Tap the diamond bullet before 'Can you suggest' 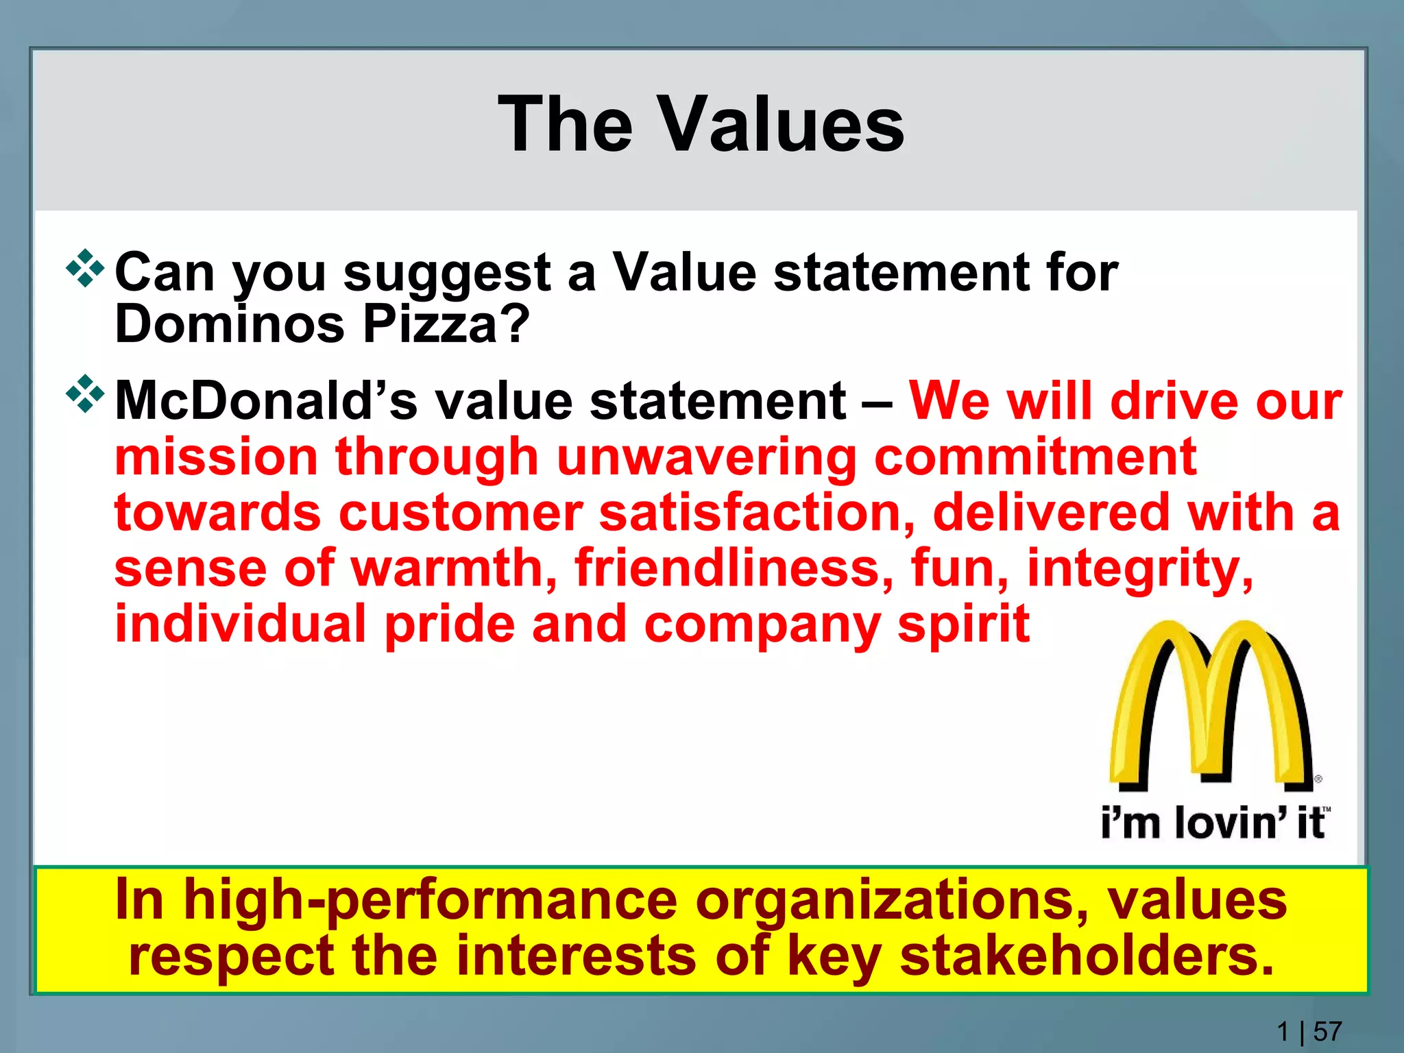[x=85, y=269]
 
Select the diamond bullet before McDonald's [x=85, y=394]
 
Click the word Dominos [x=230, y=324]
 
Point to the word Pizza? [x=446, y=324]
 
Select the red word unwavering [x=706, y=457]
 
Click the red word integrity [x=1140, y=569]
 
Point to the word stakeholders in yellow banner [x=1087, y=957]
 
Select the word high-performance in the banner [x=431, y=901]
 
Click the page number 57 [x=1328, y=1031]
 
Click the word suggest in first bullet [x=447, y=273]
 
